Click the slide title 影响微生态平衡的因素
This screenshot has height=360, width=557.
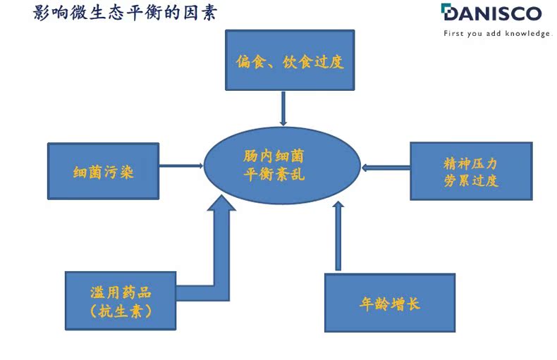(125, 13)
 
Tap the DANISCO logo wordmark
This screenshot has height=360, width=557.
(491, 13)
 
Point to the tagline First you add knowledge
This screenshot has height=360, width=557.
(497, 33)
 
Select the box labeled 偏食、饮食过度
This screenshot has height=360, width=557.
(290, 60)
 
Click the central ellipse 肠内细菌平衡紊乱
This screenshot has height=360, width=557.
(283, 166)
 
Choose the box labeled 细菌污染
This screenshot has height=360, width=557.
(104, 171)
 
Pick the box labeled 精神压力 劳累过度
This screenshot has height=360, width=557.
(471, 171)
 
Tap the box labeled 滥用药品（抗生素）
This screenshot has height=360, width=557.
(121, 301)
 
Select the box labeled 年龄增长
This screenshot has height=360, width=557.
(390, 303)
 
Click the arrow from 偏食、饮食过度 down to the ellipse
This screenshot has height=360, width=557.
(283, 108)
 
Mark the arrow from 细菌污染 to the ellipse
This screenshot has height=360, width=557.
(181, 166)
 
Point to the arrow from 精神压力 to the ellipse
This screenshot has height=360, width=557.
(386, 167)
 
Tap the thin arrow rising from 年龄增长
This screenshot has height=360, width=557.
(338, 236)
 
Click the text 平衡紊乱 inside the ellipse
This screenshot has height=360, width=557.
(274, 174)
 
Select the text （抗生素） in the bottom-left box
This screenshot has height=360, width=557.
(121, 311)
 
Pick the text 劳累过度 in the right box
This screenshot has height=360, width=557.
(471, 180)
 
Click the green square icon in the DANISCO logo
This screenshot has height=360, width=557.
(446, 10)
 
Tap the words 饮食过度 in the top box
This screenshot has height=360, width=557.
(313, 62)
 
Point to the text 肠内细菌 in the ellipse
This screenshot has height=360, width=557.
(274, 156)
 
